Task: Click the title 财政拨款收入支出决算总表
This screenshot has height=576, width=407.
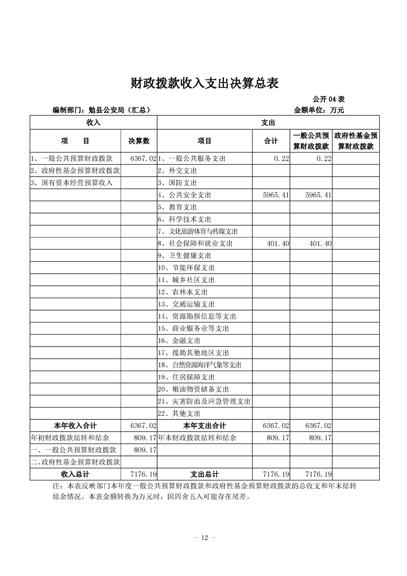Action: point(203,83)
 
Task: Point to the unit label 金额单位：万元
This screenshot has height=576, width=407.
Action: point(318,110)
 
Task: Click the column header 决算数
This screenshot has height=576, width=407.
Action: point(139,141)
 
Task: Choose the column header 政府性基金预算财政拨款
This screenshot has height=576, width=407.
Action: point(356,141)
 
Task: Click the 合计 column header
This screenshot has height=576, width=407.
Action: point(270,141)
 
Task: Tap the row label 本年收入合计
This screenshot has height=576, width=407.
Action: point(75,426)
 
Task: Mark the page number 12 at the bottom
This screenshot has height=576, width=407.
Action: point(204,537)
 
